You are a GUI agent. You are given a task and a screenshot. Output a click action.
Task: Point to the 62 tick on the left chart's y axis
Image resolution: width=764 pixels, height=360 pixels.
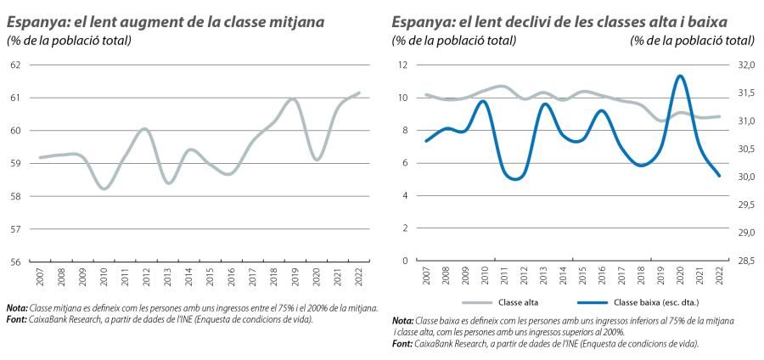point(15,65)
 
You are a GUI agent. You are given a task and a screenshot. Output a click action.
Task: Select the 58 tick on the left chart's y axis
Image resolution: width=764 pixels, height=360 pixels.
point(15,196)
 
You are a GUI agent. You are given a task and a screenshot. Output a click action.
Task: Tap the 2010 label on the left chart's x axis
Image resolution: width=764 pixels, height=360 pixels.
point(104,277)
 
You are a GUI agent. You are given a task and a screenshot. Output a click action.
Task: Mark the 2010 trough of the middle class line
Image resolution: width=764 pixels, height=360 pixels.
point(104,188)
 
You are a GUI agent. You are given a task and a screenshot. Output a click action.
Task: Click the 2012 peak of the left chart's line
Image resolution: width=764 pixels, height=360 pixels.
point(144,129)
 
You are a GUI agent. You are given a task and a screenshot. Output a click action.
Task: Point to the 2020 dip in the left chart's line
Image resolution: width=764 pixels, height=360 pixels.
point(316,160)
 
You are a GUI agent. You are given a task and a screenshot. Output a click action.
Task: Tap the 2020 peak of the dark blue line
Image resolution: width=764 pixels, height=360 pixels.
point(680,76)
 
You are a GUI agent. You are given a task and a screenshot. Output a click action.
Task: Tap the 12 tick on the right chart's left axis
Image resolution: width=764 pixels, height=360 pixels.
point(403,65)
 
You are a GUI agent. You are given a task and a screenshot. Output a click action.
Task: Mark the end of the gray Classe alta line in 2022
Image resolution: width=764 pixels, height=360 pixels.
point(720,117)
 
